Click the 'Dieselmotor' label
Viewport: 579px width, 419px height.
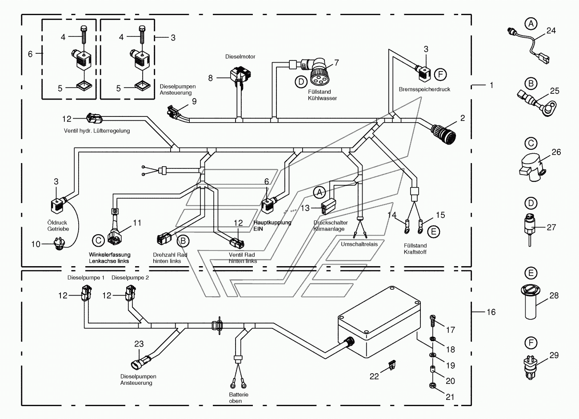[x=240, y=56]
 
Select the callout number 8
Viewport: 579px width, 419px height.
[x=211, y=78]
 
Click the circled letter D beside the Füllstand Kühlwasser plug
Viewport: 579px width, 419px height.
[x=301, y=82]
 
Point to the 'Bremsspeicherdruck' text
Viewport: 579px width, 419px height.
[x=424, y=89]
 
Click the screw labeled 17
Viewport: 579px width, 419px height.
[x=433, y=322]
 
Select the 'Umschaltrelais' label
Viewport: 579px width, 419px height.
[x=359, y=244]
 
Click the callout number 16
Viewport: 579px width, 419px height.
[x=491, y=312]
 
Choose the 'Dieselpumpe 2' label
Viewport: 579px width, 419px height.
[x=130, y=278]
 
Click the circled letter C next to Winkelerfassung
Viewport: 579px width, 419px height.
[x=98, y=240]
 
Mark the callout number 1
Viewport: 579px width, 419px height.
[x=491, y=85]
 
